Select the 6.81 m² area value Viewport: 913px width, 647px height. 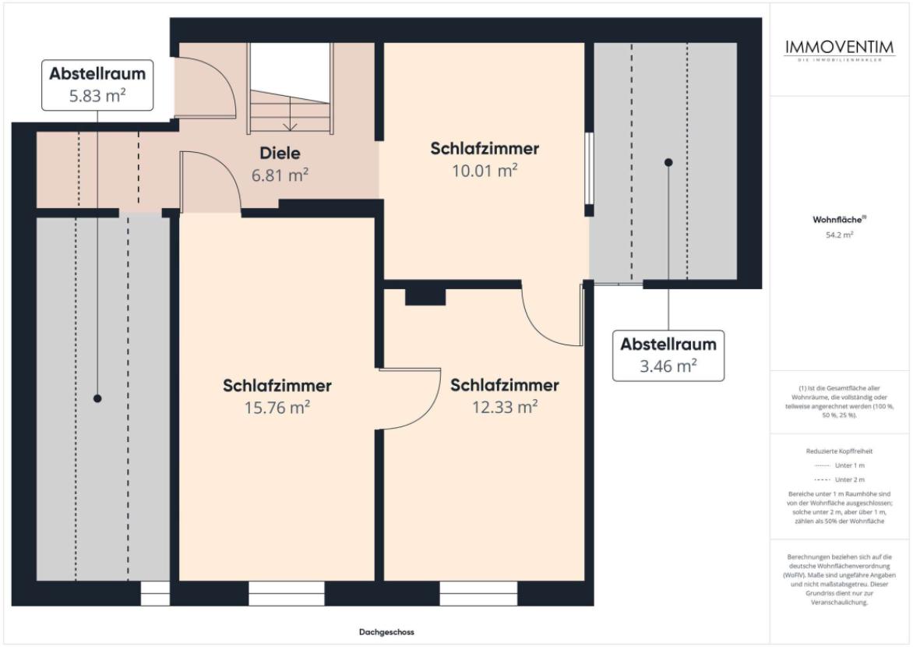279,175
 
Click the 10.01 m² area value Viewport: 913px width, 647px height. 485,171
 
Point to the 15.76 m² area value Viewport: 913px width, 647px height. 277,407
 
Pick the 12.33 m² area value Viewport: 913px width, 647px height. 505,407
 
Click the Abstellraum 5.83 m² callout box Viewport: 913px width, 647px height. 97,85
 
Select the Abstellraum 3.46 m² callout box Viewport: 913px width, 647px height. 668,355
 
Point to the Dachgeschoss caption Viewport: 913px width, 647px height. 386,632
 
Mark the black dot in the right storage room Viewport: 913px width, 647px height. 668,162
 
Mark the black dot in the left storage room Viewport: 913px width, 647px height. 97,398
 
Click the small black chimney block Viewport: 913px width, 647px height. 425,297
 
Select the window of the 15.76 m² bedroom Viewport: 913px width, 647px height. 287,593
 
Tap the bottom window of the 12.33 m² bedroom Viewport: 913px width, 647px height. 478,593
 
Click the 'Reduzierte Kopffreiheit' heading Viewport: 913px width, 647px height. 839,451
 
